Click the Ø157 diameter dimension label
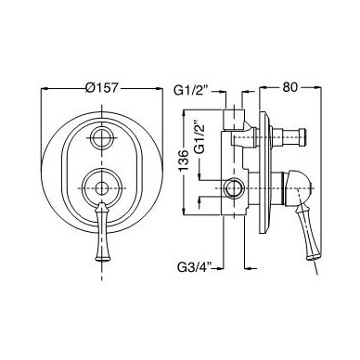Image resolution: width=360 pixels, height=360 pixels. coord(101,88)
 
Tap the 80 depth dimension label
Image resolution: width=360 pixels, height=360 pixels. coord(289,87)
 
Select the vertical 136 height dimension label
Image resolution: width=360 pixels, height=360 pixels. coord(184,161)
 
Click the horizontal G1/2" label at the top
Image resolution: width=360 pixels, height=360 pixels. coord(191,91)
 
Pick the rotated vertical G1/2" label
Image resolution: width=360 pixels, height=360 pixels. coord(199,137)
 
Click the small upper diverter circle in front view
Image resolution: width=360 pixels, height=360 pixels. coord(102,137)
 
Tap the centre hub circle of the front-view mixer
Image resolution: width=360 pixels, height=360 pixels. coord(102,188)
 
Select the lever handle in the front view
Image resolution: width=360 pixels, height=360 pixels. coord(102,231)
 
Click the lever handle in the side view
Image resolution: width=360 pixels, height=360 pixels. coord(307,231)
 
